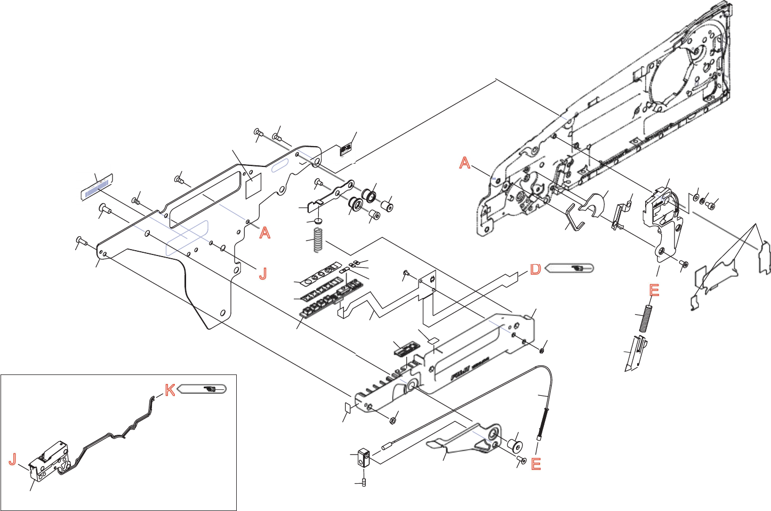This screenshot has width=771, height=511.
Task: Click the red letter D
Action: (x=535, y=269)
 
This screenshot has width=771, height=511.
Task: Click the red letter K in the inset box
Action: (x=170, y=390)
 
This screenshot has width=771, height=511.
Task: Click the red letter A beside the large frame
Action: (x=465, y=163)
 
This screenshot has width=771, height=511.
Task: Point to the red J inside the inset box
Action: (x=13, y=459)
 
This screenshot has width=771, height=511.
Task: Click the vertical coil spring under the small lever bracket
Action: (x=318, y=240)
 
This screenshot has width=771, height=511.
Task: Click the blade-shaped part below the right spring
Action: (x=636, y=353)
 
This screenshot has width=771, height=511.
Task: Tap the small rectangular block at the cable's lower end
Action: (x=365, y=458)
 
